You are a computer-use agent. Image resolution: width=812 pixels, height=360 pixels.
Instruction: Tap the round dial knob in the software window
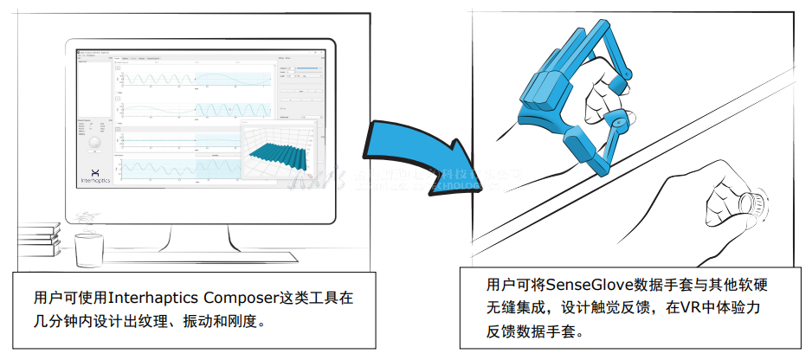[95, 141]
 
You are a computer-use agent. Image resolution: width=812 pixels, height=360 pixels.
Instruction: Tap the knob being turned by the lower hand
[750, 204]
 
